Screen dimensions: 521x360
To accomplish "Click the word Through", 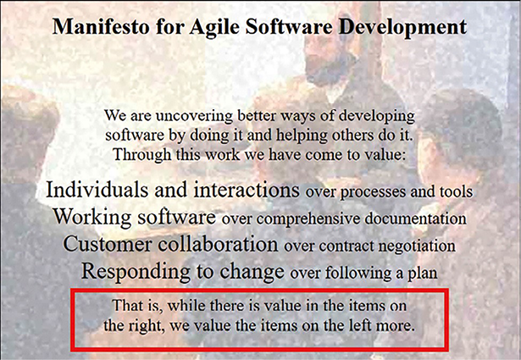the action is pos(141,155).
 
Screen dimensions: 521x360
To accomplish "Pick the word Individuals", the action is pos(97,190).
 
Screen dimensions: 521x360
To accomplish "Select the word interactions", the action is pos(247,190).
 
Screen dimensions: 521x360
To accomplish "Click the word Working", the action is pos(92,217).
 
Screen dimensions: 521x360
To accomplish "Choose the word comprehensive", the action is pos(308,219).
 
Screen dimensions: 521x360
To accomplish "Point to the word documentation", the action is pos(415,219).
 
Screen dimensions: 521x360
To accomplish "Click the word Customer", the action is pos(107,244).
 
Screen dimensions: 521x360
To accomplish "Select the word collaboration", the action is pos(218,244).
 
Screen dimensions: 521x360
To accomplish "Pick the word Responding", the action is pos(136,272).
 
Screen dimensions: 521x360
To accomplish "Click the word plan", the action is pos(423,274).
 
